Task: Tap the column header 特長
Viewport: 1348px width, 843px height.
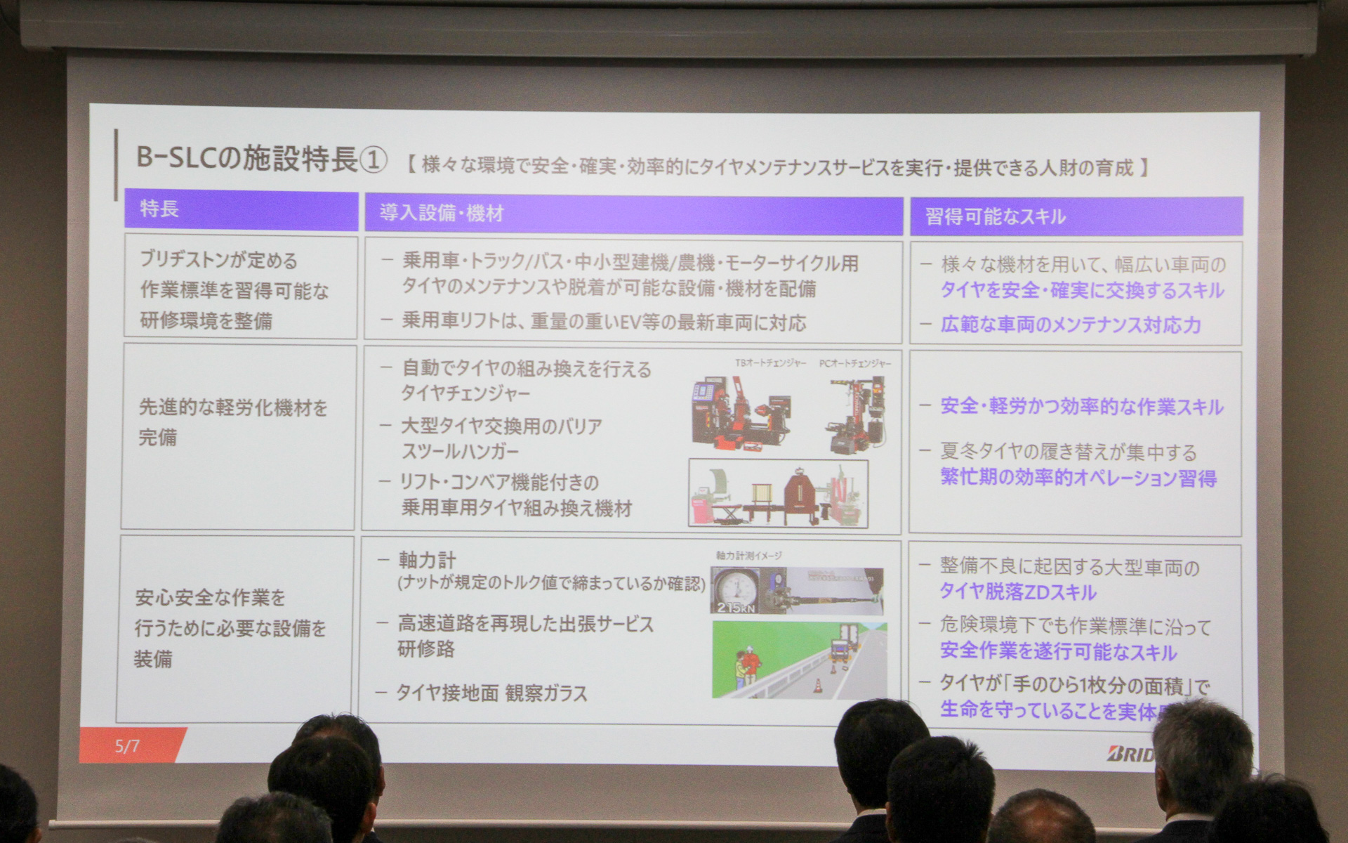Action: click(x=159, y=209)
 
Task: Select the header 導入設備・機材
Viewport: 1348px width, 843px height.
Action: click(x=442, y=213)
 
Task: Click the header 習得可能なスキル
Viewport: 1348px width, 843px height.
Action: click(x=995, y=216)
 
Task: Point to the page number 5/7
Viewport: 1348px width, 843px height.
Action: click(x=127, y=745)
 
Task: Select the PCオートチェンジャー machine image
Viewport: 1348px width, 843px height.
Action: click(x=857, y=414)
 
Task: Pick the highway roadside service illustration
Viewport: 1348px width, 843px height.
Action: click(x=799, y=660)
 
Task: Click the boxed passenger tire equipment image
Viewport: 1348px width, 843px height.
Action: click(x=778, y=493)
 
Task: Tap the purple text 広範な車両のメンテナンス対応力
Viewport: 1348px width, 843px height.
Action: click(x=1071, y=325)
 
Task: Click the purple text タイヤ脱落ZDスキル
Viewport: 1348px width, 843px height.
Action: click(x=1018, y=592)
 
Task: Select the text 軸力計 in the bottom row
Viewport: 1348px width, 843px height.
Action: click(x=427, y=560)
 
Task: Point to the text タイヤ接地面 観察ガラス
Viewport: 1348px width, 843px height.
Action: click(x=491, y=693)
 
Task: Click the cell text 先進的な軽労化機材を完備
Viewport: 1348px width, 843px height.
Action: click(x=232, y=421)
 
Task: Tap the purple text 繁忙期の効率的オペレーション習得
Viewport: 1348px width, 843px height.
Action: click(x=1078, y=478)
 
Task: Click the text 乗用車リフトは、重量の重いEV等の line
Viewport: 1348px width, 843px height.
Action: click(x=604, y=322)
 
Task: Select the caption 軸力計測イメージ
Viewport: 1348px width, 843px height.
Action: click(x=748, y=556)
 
